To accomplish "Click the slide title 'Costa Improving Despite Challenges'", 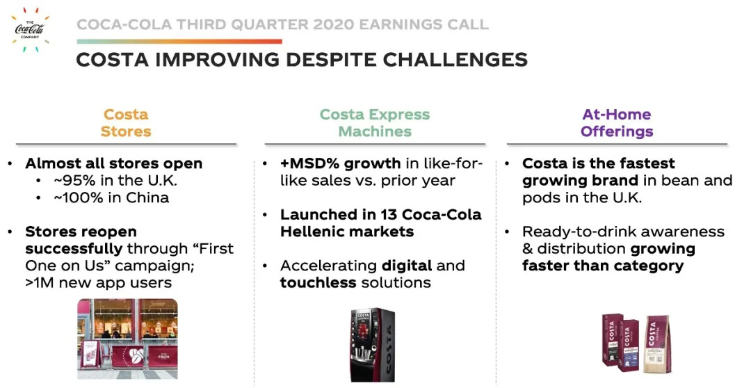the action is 302,60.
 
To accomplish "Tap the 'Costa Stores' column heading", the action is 126,122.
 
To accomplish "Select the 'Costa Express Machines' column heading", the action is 375,122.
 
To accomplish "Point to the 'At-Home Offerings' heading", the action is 617,122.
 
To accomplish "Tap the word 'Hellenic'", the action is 309,232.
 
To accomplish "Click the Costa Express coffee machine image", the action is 373,344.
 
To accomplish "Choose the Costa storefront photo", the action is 127,339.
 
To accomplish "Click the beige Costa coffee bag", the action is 657,343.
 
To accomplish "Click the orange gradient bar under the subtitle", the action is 179,42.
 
